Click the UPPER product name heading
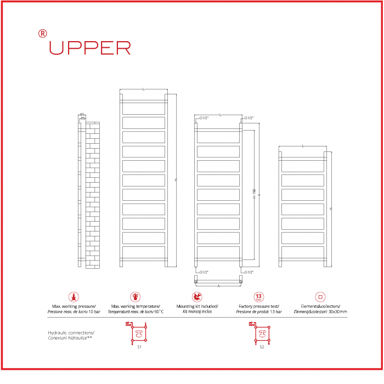pyautogui.click(x=90, y=48)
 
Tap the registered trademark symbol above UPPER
pyautogui.click(x=43, y=33)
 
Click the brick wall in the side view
pyautogui.click(x=93, y=195)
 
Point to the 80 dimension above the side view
pyautogui.click(x=82, y=115)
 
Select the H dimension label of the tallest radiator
pyautogui.click(x=176, y=180)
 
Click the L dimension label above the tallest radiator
pyautogui.click(x=143, y=89)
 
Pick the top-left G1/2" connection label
pyautogui.click(x=204, y=118)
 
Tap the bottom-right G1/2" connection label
pyautogui.click(x=249, y=272)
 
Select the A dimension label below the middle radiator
pyautogui.click(x=218, y=286)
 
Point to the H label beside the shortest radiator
pyautogui.click(x=331, y=209)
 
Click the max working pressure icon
pyautogui.click(x=73, y=297)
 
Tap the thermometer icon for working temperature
pyautogui.click(x=135, y=297)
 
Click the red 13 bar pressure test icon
pyautogui.click(x=259, y=297)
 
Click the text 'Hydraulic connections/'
pyautogui.click(x=71, y=333)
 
